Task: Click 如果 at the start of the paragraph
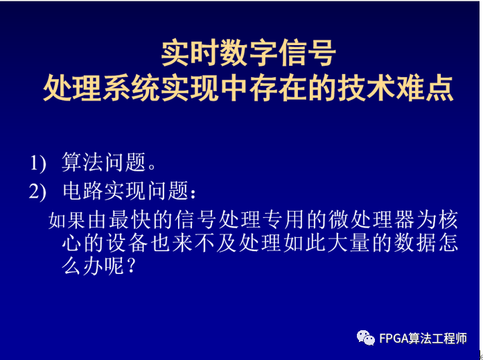pyautogui.click(x=67, y=220)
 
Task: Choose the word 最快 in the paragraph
pyautogui.click(x=138, y=220)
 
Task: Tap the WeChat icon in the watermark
pyautogui.click(x=366, y=338)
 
